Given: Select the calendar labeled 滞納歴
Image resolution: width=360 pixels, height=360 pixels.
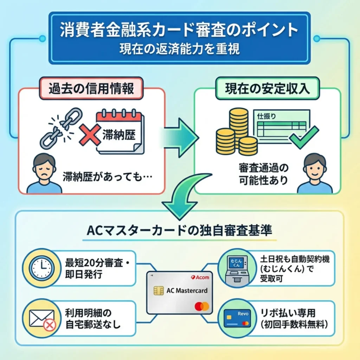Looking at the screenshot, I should click(119, 132).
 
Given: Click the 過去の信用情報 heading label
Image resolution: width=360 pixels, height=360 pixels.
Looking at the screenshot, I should click(91, 89).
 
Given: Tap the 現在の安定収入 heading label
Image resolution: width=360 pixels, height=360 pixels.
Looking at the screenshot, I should click(267, 89).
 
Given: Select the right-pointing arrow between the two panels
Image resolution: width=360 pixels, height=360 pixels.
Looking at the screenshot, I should click(180, 137).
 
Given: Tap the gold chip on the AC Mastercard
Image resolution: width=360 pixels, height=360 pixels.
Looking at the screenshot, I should click(159, 291).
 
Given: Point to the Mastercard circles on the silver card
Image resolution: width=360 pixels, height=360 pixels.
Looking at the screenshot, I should click(202, 306).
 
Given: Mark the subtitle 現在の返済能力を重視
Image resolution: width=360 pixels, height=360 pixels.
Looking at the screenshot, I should click(179, 49).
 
